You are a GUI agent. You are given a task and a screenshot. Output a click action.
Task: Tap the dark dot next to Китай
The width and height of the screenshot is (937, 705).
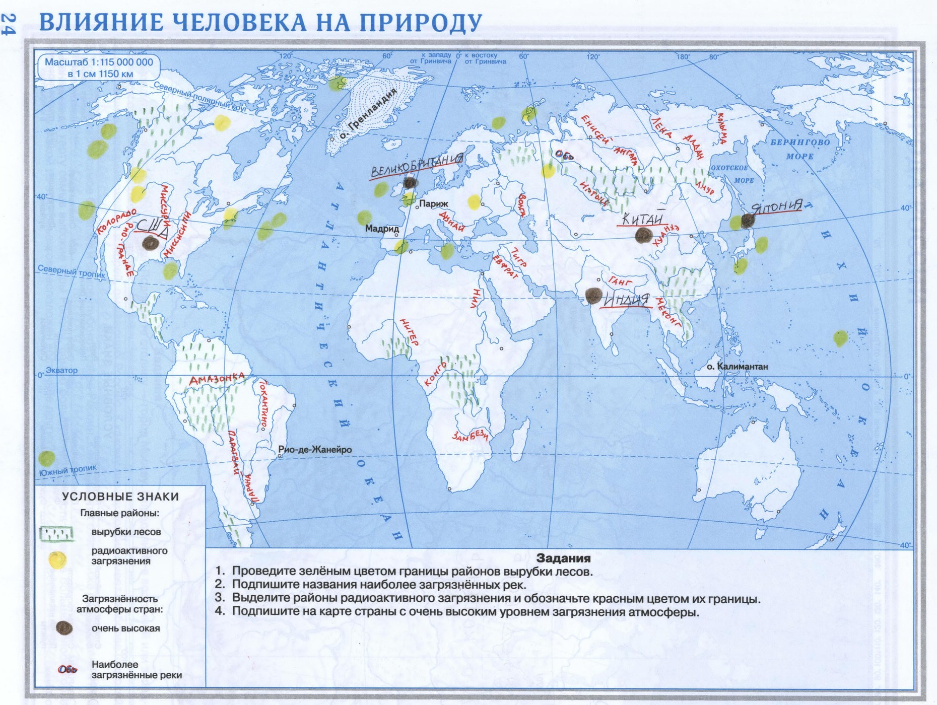click(643, 235)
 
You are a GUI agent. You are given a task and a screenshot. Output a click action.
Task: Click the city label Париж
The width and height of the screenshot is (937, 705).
click(433, 204)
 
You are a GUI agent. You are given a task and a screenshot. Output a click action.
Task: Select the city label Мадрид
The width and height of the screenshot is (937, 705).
click(382, 229)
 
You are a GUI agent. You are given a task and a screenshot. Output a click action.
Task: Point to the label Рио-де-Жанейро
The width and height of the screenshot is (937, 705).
click(315, 449)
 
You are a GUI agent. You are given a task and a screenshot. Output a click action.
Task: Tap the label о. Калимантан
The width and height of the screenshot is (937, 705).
click(737, 366)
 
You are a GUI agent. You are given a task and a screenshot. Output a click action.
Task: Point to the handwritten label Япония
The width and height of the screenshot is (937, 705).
click(777, 206)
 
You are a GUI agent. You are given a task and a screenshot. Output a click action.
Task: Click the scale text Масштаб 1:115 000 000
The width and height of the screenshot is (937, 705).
click(99, 62)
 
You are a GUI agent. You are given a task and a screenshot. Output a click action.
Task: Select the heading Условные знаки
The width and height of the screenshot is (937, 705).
click(120, 496)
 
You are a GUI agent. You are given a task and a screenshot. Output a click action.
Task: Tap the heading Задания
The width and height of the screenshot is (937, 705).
click(563, 558)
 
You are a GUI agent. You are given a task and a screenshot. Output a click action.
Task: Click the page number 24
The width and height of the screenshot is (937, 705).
click(9, 24)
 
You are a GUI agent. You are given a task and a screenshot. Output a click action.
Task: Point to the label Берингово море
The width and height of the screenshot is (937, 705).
click(799, 149)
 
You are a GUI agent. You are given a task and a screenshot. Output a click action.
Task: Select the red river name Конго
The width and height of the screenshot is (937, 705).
click(436, 374)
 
